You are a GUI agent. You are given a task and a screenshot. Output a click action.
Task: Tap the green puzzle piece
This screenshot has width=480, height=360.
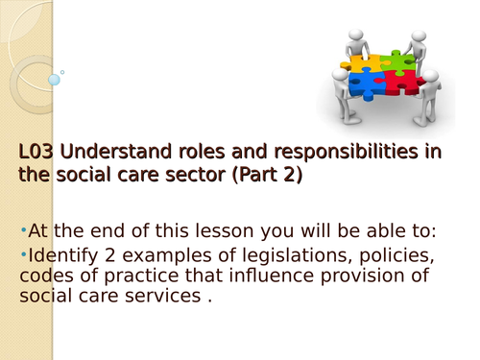396,63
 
